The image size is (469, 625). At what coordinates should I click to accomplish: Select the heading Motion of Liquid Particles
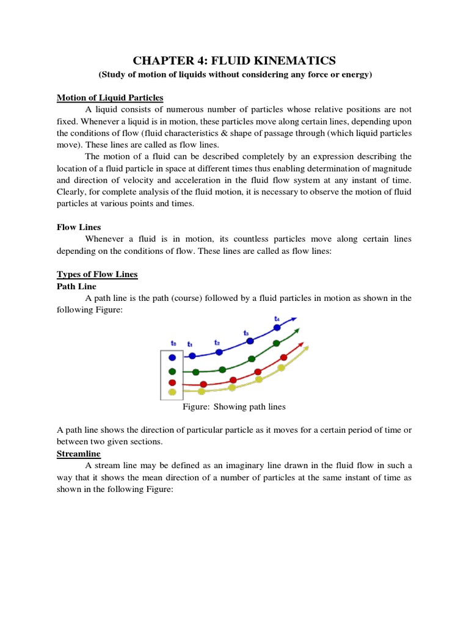110,98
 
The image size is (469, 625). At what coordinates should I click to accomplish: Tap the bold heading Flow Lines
79,227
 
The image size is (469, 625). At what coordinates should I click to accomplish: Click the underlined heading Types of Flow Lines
97,275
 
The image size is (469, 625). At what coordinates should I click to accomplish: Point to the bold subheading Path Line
76,286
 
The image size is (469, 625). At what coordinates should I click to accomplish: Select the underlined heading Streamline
79,454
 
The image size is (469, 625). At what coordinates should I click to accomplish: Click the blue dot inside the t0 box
172,358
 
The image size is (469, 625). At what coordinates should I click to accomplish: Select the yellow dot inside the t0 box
172,392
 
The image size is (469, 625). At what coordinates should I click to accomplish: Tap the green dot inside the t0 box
172,371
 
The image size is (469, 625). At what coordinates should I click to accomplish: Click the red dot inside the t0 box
172,382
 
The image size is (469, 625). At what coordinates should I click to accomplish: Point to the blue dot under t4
277,328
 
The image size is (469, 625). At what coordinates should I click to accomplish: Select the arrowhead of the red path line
303,344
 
